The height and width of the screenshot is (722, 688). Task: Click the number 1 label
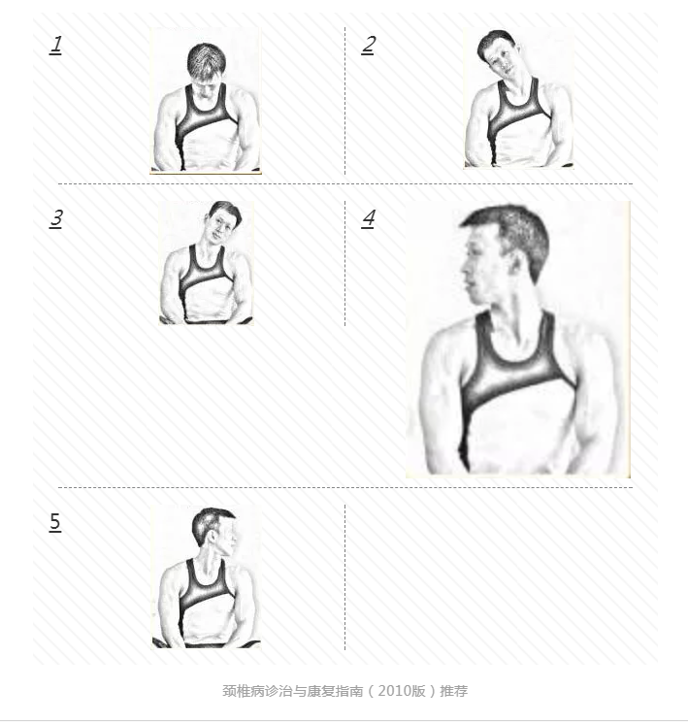click(x=55, y=45)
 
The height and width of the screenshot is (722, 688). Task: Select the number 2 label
click(x=368, y=45)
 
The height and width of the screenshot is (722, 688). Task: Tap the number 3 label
click(x=55, y=218)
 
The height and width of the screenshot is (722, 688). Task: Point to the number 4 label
click(x=369, y=218)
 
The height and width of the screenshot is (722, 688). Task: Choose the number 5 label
click(x=54, y=522)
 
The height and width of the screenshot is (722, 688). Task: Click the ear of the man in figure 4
click(x=517, y=267)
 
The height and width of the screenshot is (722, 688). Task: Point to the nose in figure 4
click(x=465, y=271)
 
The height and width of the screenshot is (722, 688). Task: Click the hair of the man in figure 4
click(x=511, y=235)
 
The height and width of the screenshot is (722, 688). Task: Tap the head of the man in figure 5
click(x=214, y=531)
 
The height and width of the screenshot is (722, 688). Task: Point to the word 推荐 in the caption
click(x=454, y=691)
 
